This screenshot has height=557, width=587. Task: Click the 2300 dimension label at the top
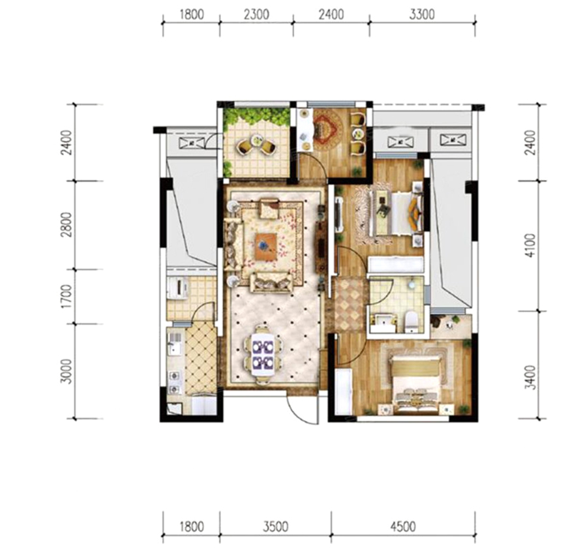click(x=256, y=14)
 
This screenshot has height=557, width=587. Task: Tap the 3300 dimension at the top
click(x=422, y=14)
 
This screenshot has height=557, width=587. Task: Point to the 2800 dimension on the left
click(x=67, y=225)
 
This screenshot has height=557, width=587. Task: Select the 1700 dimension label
click(x=67, y=296)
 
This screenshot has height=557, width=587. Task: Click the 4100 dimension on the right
click(x=530, y=245)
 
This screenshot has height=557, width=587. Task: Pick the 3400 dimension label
click(x=530, y=378)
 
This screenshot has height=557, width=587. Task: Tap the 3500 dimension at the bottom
click(x=275, y=527)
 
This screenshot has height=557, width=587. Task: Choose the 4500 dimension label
click(x=403, y=527)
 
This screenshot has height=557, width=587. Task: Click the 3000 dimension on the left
click(x=67, y=371)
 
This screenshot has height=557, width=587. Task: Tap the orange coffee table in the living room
click(x=266, y=245)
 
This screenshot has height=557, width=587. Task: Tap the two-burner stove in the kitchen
click(x=174, y=381)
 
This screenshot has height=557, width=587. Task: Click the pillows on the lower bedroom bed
click(x=416, y=398)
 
